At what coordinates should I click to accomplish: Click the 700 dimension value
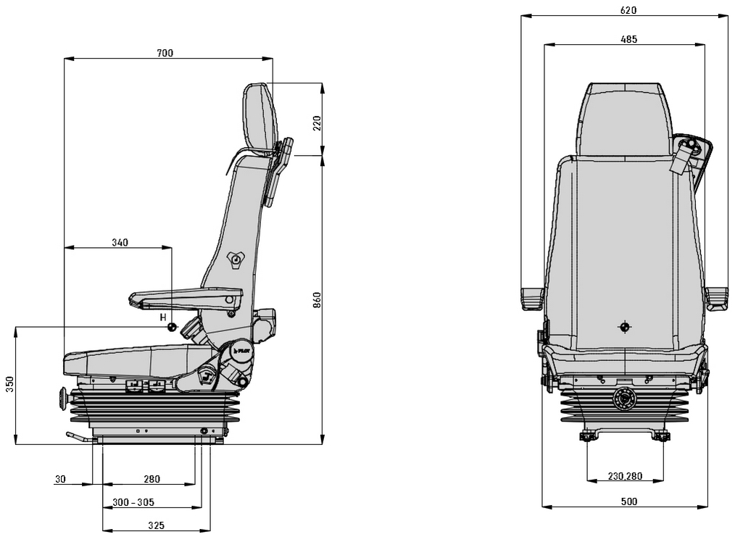click(x=165, y=53)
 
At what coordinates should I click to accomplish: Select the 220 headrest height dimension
click(x=317, y=122)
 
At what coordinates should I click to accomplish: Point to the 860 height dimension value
click(x=317, y=299)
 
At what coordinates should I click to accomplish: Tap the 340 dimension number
click(x=120, y=242)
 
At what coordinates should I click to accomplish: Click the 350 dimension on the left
click(x=9, y=384)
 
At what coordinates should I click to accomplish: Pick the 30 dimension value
click(x=60, y=479)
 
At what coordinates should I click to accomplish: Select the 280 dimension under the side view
click(x=151, y=479)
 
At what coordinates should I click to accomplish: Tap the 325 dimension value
click(x=156, y=525)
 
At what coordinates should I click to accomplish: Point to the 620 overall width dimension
click(x=628, y=10)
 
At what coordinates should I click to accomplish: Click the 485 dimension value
click(x=629, y=40)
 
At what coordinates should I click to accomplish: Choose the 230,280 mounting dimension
click(x=624, y=476)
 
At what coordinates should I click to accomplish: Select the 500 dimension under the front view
click(x=629, y=501)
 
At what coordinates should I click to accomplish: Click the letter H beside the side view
click(x=163, y=317)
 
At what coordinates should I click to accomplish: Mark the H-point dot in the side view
click(x=172, y=327)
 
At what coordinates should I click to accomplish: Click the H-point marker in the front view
click(x=624, y=327)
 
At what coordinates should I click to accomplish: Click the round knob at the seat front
click(x=63, y=398)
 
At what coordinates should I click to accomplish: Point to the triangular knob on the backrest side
click(x=236, y=259)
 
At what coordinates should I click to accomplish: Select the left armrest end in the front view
click(x=531, y=298)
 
